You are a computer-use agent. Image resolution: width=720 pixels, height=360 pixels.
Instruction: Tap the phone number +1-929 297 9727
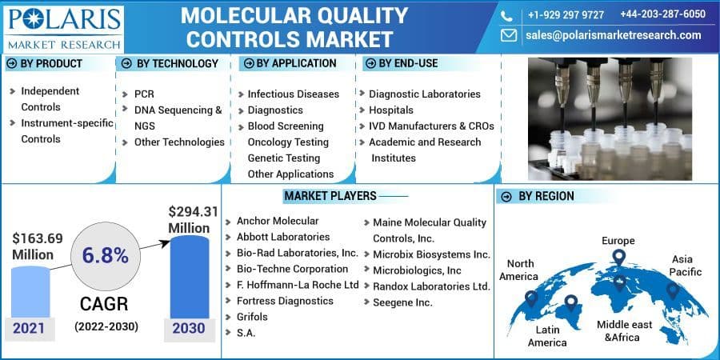tap(566, 14)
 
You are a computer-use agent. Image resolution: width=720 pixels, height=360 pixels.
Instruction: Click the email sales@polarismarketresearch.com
tap(613, 35)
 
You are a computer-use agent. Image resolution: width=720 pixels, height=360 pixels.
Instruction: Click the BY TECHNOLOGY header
tap(177, 63)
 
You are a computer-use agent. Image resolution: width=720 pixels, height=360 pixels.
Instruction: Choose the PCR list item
tap(144, 94)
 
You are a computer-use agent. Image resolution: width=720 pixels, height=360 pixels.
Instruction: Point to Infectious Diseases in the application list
tap(293, 94)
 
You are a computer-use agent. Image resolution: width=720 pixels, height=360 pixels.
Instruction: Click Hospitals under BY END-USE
tap(391, 110)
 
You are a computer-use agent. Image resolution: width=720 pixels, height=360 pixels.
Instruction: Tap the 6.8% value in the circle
tap(105, 255)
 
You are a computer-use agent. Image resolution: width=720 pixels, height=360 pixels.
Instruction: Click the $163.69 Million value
tap(37, 246)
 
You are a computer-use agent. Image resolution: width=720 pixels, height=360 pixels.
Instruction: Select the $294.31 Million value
tap(193, 219)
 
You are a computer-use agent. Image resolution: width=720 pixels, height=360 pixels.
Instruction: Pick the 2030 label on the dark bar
tap(189, 328)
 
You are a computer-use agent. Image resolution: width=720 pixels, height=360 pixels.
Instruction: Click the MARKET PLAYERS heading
tap(328, 196)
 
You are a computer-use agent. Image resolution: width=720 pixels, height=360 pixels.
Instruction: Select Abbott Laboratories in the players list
tap(283, 237)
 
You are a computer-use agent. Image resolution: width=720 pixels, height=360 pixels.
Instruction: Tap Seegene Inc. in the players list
tap(402, 302)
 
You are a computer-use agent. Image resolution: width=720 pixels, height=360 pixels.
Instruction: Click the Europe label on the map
tap(618, 240)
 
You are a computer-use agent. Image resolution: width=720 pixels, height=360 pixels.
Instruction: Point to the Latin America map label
tap(549, 335)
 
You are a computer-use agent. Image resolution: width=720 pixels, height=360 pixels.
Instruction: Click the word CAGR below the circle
tap(106, 305)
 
